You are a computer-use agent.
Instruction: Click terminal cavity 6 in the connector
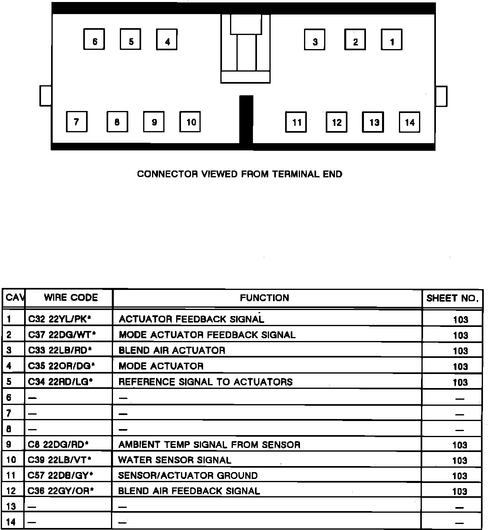[95, 39]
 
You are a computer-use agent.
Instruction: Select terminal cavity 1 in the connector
[392, 39]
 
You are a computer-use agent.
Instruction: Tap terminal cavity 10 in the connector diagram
[190, 121]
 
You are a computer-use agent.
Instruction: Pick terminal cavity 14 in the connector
[409, 122]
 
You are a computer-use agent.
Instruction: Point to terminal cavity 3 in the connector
[315, 39]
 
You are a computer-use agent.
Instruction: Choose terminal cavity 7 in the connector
[77, 121]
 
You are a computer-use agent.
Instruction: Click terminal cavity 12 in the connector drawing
[337, 122]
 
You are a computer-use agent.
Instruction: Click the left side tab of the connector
[45, 96]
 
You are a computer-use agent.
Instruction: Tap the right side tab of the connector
[441, 96]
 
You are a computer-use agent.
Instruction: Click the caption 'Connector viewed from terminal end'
[240, 174]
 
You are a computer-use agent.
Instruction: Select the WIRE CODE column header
[71, 298]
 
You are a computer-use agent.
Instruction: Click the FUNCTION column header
[265, 298]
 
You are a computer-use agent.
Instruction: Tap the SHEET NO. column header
[452, 298]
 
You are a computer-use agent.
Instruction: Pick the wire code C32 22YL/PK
[60, 319]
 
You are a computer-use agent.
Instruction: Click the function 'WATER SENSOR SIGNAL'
[175, 460]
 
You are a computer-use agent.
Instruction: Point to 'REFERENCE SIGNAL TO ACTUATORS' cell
[205, 382]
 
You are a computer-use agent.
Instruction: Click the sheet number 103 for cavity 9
[460, 445]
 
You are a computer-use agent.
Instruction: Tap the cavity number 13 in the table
[11, 506]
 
